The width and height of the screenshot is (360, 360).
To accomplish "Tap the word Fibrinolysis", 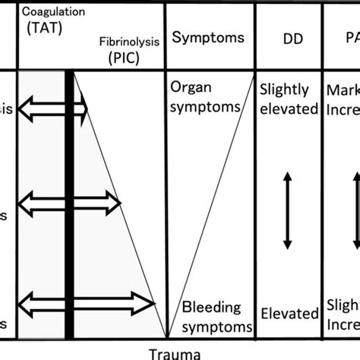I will click(x=130, y=42).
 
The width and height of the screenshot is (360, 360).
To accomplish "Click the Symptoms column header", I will click(x=208, y=37).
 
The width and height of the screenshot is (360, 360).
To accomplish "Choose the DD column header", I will click(x=287, y=38).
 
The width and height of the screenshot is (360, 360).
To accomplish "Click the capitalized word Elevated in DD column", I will click(x=289, y=313).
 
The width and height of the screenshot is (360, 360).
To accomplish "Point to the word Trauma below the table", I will click(x=175, y=353).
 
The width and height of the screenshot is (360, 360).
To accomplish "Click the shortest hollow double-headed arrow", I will click(x=52, y=110).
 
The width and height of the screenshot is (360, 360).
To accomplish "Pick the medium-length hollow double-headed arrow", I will click(x=69, y=203).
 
